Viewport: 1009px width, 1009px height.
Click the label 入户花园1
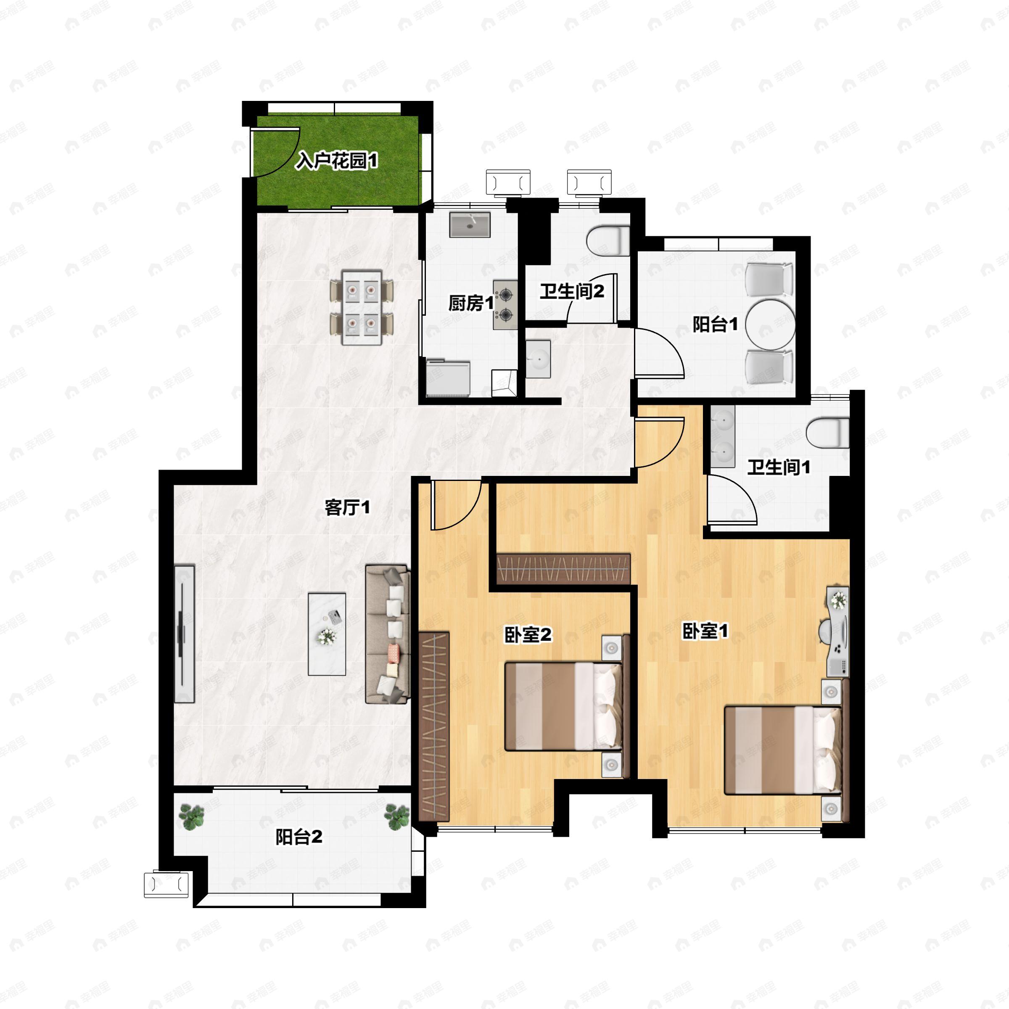click(x=336, y=161)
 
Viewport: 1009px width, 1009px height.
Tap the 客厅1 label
click(x=347, y=507)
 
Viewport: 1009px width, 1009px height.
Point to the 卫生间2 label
click(x=572, y=291)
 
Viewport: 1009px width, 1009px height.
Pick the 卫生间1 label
click(x=779, y=467)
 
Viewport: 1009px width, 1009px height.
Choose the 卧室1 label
click(x=705, y=631)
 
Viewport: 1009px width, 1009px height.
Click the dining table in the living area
click(x=362, y=307)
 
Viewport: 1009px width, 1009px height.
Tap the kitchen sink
click(x=470, y=225)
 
